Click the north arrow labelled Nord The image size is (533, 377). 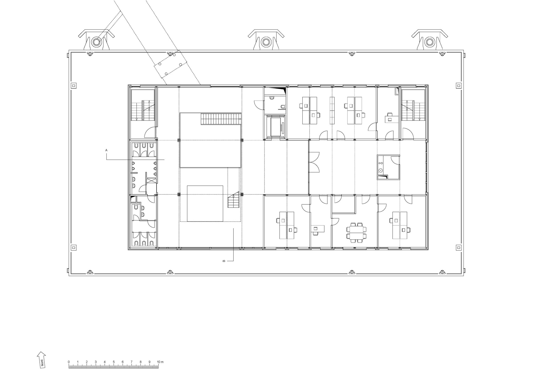click(x=42, y=360)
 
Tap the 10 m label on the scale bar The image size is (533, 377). click(x=160, y=362)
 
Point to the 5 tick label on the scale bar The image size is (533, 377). click(x=114, y=362)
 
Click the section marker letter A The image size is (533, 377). click(x=106, y=150)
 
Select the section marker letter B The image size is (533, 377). click(x=224, y=261)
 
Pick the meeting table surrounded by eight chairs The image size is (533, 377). click(x=356, y=233)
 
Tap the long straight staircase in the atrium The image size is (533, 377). click(x=221, y=119)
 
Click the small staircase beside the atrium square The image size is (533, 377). click(x=233, y=200)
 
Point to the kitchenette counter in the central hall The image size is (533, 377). click(x=381, y=167)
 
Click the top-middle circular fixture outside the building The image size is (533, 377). click(x=266, y=42)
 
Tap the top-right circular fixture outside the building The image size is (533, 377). click(x=429, y=42)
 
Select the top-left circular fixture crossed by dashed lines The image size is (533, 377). click(x=96, y=42)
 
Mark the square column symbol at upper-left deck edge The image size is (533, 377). click(x=74, y=86)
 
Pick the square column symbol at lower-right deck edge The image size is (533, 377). click(x=458, y=248)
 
